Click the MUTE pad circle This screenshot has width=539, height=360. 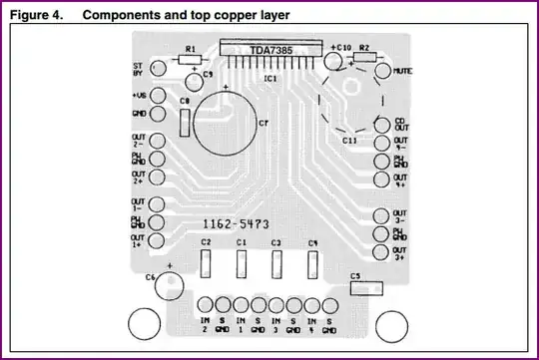click(x=384, y=72)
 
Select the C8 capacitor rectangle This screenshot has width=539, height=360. click(x=186, y=122)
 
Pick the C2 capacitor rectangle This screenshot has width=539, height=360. click(x=206, y=264)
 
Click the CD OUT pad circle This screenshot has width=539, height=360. click(x=384, y=125)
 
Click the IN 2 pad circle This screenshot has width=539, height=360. click(x=205, y=304)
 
